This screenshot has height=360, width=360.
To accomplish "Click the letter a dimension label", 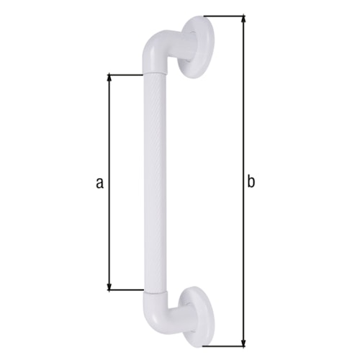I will (99, 183).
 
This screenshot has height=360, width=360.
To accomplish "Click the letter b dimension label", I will (251, 183).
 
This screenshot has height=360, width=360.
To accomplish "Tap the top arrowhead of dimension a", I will (109, 77).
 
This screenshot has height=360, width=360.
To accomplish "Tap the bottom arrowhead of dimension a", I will (109, 287).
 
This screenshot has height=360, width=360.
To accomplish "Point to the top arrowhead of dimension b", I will (243, 19).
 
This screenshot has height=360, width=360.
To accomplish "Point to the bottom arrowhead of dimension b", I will (243, 341).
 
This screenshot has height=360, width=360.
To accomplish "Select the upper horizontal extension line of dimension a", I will (126, 73).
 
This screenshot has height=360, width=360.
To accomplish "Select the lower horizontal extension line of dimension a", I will (126, 291).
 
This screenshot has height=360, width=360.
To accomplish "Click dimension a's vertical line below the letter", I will (109, 238).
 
